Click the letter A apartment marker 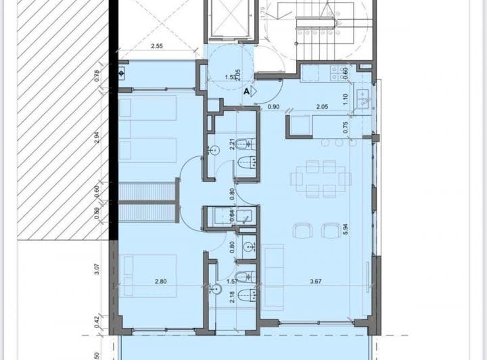point(246,89)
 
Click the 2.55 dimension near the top point(157,47)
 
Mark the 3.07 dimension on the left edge point(97,269)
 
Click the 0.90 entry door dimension point(274,107)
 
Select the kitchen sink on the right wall point(363,99)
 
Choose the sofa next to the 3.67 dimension point(273,277)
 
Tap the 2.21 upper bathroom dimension point(232,144)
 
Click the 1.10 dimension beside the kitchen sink point(344,98)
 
